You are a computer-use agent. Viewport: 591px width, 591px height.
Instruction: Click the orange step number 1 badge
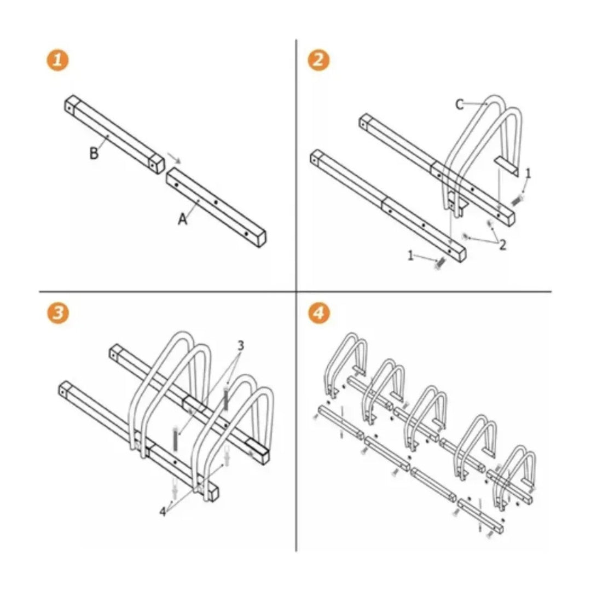[x=57, y=60]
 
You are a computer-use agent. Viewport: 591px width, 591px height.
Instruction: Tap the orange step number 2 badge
[x=318, y=60]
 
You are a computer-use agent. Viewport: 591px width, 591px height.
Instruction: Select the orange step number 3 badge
[x=57, y=312]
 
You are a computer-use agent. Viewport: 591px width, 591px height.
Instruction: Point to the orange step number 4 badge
[x=318, y=312]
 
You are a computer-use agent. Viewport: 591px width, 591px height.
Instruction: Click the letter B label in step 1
[x=94, y=153]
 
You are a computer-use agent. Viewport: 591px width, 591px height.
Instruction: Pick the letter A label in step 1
[x=183, y=219]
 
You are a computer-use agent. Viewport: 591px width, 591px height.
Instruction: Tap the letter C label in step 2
[x=460, y=105]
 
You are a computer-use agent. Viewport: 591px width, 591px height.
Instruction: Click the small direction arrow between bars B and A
[x=175, y=158]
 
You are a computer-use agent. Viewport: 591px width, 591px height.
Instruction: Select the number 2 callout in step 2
[x=503, y=245]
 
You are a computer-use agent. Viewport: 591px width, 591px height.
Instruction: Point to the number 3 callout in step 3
[x=241, y=345]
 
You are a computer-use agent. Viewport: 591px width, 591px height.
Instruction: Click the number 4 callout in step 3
[x=163, y=512]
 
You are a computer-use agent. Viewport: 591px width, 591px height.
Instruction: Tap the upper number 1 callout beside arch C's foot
[x=528, y=173]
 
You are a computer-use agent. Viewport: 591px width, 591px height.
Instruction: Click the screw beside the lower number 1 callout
[x=440, y=263]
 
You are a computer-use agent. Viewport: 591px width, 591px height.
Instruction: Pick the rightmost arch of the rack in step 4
[x=515, y=477]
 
